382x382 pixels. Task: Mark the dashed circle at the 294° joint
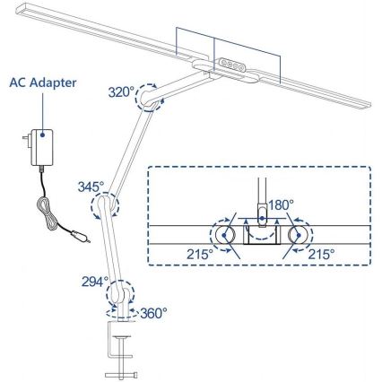tap(119, 293)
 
